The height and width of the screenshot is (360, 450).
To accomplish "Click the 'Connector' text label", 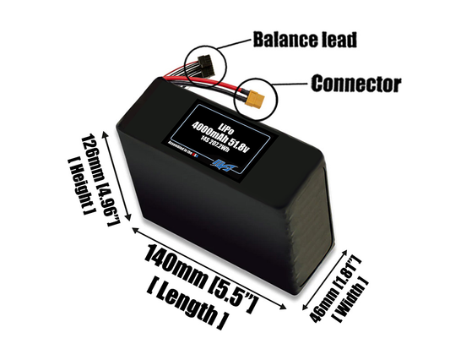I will click(355, 84).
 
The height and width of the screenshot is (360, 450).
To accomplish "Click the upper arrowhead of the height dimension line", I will click(103, 133).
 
